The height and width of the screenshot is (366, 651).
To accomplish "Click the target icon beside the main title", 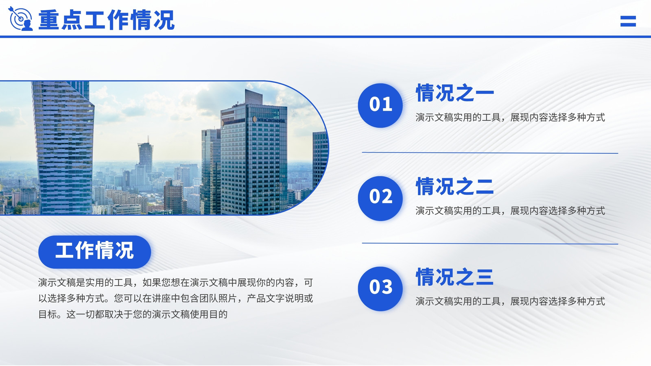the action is pyautogui.click(x=20, y=19).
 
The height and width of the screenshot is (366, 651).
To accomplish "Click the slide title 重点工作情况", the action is pyautogui.click(x=106, y=20).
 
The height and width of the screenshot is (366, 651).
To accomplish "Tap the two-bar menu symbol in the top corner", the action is pyautogui.click(x=628, y=21).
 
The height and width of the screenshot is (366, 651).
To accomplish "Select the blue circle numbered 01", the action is pyautogui.click(x=380, y=105).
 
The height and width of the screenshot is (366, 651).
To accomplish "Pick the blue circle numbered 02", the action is pyautogui.click(x=380, y=198).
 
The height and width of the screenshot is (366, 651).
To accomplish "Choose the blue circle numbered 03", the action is pyautogui.click(x=380, y=288).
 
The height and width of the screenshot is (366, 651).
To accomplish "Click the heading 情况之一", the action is pyautogui.click(x=455, y=93).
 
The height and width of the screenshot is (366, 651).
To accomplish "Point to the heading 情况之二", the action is pyautogui.click(x=455, y=186).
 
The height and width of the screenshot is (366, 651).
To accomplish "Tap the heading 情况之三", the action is pyautogui.click(x=455, y=277).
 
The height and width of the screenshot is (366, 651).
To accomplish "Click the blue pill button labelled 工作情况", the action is pyautogui.click(x=95, y=252).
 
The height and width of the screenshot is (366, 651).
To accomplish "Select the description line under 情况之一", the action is pyautogui.click(x=510, y=118).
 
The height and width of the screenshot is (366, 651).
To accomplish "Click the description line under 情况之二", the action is pyautogui.click(x=510, y=211).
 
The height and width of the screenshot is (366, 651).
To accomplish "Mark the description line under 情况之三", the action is pyautogui.click(x=510, y=301).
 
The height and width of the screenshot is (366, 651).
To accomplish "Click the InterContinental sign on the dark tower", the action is pyautogui.click(x=269, y=120).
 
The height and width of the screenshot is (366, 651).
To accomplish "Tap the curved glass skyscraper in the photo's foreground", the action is pyautogui.click(x=63, y=148).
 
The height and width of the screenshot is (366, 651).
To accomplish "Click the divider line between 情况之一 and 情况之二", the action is pyautogui.click(x=490, y=153).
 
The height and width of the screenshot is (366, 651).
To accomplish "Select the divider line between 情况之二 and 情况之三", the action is pyautogui.click(x=490, y=244).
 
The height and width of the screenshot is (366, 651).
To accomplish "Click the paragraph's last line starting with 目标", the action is pyautogui.click(x=133, y=314).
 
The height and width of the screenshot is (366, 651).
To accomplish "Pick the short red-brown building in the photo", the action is pyautogui.click(x=173, y=197).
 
